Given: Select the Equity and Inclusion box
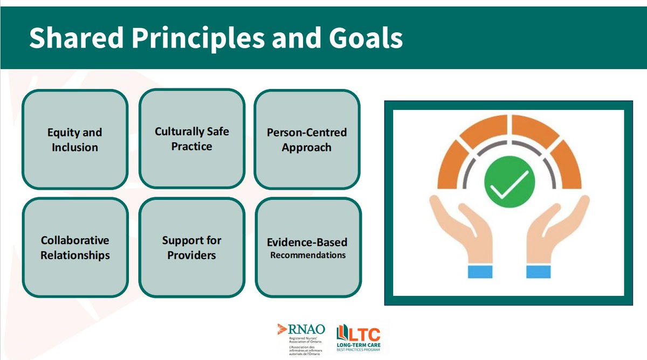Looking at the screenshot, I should (x=75, y=140).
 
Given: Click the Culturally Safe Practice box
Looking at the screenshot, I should (x=191, y=139).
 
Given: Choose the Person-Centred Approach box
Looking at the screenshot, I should (x=307, y=140).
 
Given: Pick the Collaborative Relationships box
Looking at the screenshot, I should (x=75, y=247).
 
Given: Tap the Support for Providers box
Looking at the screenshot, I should (x=191, y=247).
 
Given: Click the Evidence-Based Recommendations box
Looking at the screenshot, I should (x=307, y=248).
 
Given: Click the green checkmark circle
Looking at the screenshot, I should (x=509, y=182).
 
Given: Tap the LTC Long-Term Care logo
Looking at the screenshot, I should (x=358, y=338).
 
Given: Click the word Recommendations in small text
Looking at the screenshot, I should (x=308, y=255).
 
